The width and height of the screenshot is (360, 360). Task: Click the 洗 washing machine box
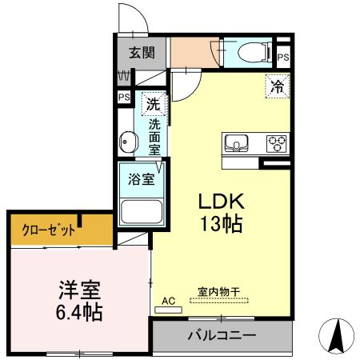coord(152,102)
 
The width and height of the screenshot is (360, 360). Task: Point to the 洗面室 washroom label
coord(154,136)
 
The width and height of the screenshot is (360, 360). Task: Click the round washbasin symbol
coord(127,144)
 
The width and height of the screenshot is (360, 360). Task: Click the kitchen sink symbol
coord(238,144)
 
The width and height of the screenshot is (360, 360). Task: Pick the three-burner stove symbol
coord(276,144)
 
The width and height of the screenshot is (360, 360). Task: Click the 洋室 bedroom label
coord(78,289)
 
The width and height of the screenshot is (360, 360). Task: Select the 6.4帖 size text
coord(78,312)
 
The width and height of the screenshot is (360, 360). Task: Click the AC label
coord(169,300)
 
